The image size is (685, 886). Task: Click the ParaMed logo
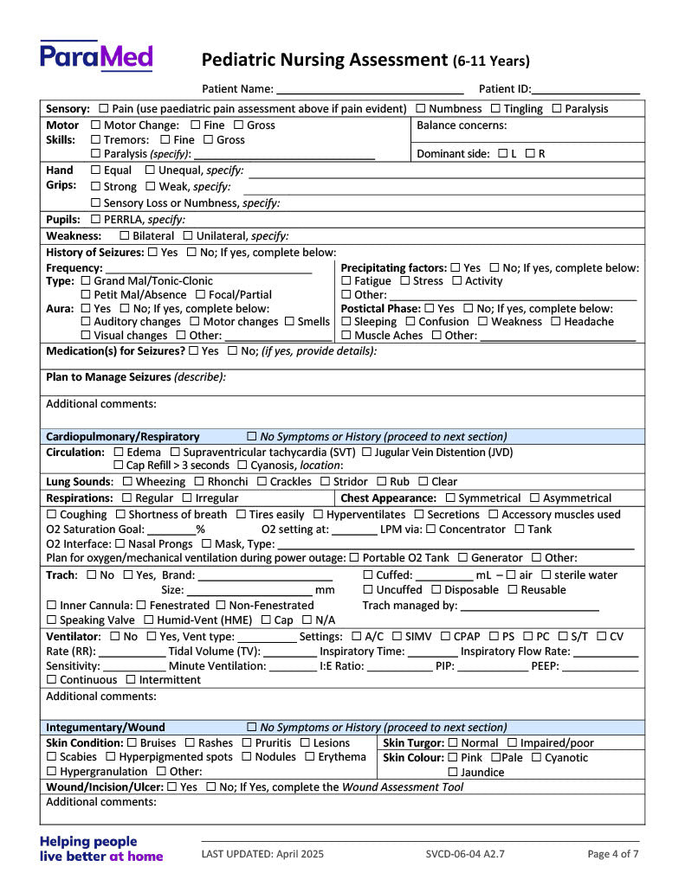(95, 56)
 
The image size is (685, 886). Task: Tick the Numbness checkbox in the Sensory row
(421, 109)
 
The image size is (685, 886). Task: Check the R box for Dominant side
(530, 154)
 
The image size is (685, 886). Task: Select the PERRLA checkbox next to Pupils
(96, 220)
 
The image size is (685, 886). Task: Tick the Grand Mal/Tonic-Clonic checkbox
(86, 281)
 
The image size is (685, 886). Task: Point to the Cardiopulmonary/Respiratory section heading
(122, 437)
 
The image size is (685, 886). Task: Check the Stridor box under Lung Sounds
(326, 482)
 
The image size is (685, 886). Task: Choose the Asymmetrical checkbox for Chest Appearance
(534, 498)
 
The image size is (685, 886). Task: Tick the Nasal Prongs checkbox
(120, 544)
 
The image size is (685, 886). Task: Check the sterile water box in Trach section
(546, 575)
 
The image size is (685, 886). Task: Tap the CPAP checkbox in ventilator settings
(447, 638)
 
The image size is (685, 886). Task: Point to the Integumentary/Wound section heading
(105, 728)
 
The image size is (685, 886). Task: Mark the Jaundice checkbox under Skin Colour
(453, 773)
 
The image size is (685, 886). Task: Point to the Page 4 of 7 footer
(613, 854)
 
